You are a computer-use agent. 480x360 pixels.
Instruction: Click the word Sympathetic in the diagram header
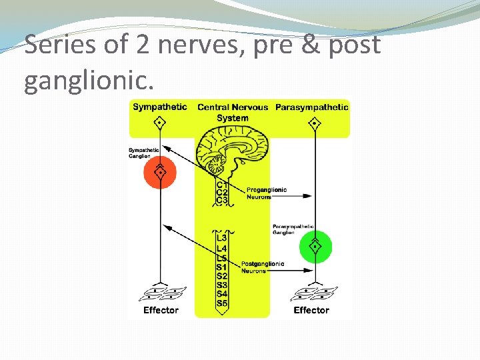point(160,107)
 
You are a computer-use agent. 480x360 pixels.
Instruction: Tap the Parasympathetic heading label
point(311,107)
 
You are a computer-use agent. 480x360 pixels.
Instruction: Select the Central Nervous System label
point(233,113)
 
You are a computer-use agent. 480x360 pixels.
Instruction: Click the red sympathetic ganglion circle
point(160,172)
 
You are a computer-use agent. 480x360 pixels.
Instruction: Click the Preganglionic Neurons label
point(267,193)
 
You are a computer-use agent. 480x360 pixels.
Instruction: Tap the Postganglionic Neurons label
point(263,267)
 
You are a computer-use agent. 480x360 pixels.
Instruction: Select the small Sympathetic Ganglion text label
point(143,153)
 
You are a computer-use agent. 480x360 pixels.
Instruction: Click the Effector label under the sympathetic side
point(161,310)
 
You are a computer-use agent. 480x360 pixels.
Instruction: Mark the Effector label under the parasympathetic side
point(311,310)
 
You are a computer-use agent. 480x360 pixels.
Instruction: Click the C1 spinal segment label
point(222,185)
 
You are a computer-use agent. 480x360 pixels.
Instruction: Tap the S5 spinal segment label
point(222,304)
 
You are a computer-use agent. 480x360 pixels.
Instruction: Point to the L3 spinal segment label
point(222,238)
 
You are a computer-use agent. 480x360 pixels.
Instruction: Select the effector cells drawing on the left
point(163,293)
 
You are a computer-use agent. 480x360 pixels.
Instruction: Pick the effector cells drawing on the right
point(315,293)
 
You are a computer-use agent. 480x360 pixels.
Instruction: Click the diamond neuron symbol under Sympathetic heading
point(159,123)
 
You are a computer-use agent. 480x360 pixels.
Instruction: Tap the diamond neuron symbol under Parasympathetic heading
point(315,123)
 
